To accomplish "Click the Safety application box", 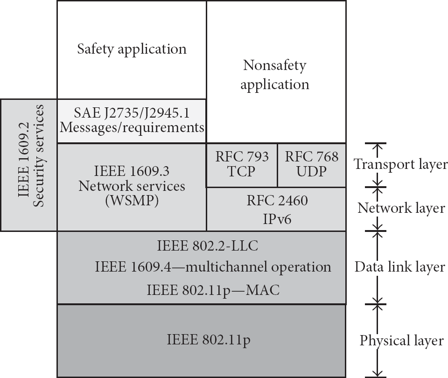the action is point(132,50).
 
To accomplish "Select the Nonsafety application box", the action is point(276,72).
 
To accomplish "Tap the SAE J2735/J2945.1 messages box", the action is point(132,121).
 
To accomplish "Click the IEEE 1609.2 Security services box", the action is point(29,165).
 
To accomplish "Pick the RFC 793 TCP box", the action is point(242,165).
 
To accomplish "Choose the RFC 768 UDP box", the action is point(312,165).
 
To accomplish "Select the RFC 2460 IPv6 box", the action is point(276,209).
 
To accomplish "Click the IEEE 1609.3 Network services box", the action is point(132,187).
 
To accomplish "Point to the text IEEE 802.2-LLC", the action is point(207,246).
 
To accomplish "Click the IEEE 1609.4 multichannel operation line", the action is point(213,267).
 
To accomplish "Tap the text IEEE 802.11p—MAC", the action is point(213,290).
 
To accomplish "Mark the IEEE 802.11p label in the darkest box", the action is point(209,340).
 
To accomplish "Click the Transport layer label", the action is point(400,165).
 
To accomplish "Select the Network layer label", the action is point(401,208).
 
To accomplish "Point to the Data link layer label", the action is point(400,267).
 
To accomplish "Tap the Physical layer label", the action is point(401,341).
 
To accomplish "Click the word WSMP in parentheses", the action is point(132,201).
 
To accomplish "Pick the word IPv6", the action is point(277,219).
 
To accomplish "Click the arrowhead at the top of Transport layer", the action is point(378,146).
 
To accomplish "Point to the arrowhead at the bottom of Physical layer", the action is point(378,374).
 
